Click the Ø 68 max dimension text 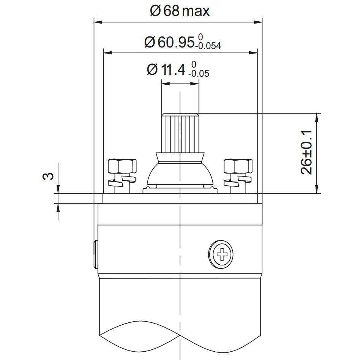180,11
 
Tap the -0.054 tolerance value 209,47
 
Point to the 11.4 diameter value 173,70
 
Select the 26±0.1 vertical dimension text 306,152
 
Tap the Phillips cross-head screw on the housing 221,253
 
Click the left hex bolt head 122,166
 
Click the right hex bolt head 238,166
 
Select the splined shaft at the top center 180,133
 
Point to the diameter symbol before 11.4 152,70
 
